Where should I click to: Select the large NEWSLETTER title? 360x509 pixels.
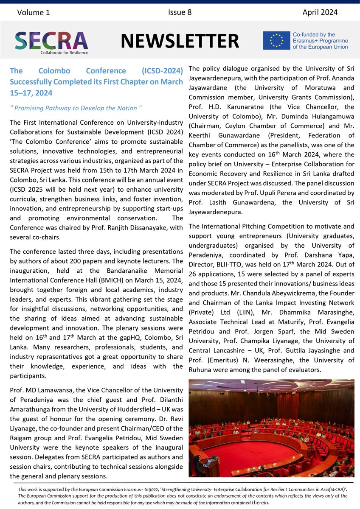(x=179, y=41)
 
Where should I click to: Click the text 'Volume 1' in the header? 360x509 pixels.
(x=34, y=13)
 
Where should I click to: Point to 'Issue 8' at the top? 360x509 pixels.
(x=180, y=13)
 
